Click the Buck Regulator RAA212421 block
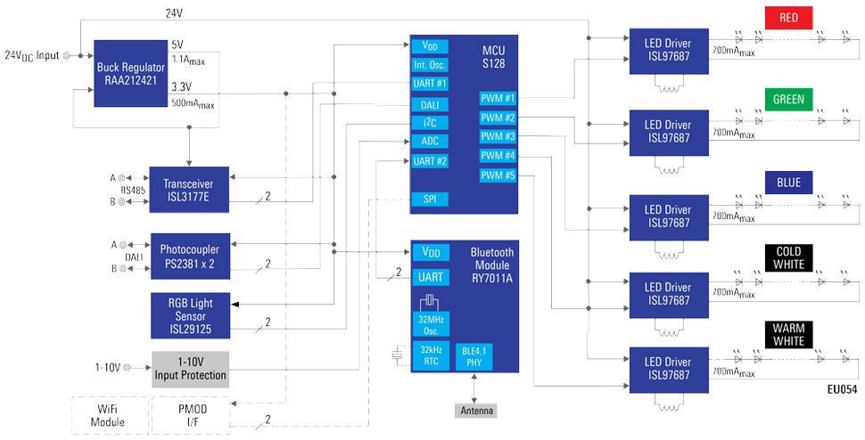pos(131,73)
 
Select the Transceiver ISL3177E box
pos(189,190)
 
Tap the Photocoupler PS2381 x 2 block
pos(190,256)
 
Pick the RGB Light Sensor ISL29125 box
pos(190,315)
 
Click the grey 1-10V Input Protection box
pos(190,369)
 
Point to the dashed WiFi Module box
pos(111,415)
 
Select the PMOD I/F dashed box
pos(190,415)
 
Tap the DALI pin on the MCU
pos(430,104)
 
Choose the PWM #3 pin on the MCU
pos(498,136)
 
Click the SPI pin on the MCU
pos(430,200)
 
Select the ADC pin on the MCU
pos(430,141)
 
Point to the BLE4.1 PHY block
pos(474,356)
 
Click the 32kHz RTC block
pos(431,355)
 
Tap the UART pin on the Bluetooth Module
pos(431,277)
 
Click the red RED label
pos(789,18)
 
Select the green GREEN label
pos(789,99)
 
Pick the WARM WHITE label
pos(789,334)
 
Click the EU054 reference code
pos(843,389)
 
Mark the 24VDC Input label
pos(32,55)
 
